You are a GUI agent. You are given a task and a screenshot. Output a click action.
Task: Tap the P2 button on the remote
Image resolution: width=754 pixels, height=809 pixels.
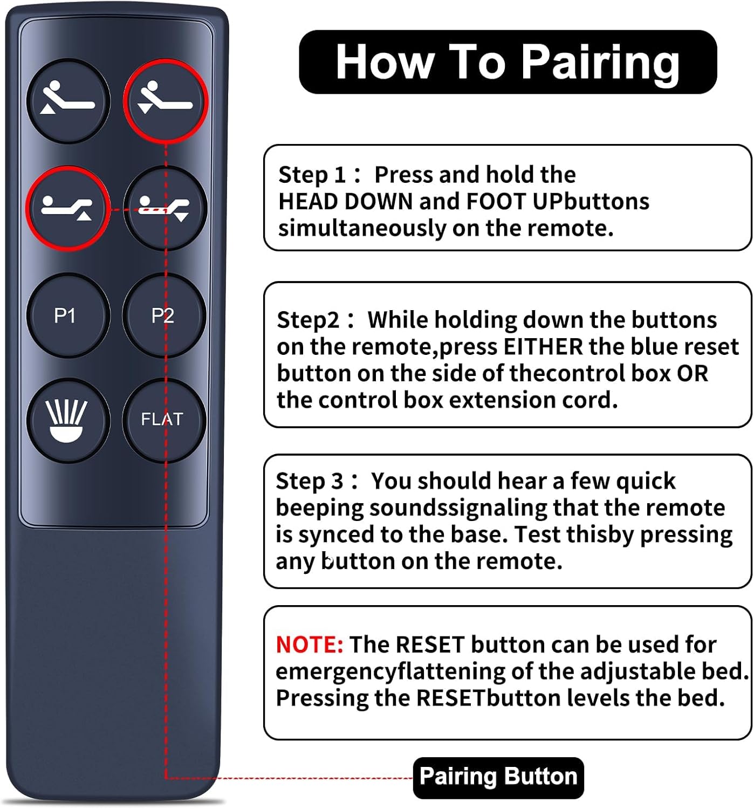coord(164,316)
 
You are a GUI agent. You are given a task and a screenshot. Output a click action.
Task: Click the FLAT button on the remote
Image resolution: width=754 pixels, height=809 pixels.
coord(164,420)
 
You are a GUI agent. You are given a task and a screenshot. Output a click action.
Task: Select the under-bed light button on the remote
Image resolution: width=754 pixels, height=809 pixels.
coord(68,420)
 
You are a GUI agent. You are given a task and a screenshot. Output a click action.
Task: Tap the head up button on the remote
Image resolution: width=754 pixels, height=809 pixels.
coord(68,101)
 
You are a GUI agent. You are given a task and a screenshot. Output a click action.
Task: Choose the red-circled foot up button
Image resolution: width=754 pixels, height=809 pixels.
coord(68,208)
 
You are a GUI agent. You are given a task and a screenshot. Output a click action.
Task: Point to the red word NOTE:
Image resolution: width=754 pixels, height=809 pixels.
coord(310,645)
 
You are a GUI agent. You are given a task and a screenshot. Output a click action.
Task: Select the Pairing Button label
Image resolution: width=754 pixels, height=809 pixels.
coord(498,776)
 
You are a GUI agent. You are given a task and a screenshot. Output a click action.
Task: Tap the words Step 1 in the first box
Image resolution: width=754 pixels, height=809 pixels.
coord(312,176)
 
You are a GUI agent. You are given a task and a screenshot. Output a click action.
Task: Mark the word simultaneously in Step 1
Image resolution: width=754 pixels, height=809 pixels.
coord(362,228)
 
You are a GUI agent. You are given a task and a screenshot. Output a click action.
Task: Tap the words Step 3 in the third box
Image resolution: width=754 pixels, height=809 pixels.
coord(310,482)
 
